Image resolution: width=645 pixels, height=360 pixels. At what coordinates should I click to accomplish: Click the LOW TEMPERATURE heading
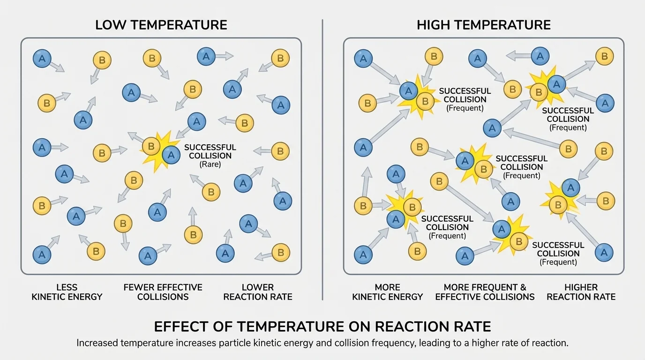[x=161, y=25]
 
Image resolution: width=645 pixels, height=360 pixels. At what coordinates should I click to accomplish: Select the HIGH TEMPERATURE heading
[x=483, y=25]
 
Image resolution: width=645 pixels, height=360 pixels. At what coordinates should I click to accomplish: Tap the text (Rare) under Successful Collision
[x=210, y=165]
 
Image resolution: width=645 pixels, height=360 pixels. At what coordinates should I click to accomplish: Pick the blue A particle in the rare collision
[x=171, y=155]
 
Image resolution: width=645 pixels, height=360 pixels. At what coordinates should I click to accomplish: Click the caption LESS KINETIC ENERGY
[x=67, y=292]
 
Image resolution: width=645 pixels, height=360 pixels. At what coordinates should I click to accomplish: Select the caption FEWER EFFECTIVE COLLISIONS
[x=163, y=292]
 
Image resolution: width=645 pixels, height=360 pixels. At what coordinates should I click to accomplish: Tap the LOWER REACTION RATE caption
[x=257, y=292]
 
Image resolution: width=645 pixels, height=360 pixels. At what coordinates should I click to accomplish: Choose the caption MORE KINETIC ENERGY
[x=387, y=292]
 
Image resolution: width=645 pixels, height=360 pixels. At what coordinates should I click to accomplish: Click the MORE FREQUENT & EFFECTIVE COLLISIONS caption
[x=485, y=292]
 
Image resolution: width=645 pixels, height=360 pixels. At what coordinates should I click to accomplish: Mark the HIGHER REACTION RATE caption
[x=581, y=292]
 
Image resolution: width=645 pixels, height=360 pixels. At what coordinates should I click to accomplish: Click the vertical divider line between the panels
[x=322, y=159]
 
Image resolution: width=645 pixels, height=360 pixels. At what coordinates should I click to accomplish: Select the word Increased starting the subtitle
[x=97, y=343]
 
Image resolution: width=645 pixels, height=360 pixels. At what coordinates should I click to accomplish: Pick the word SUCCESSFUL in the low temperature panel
[x=210, y=148]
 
